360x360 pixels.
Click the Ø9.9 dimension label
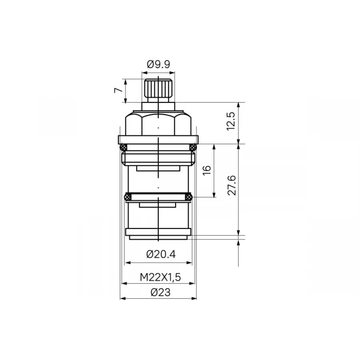point(158,64)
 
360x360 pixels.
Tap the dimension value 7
point(118,90)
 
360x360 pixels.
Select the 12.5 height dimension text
point(231,121)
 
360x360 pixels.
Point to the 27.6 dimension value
point(232,185)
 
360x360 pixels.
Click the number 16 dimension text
point(207,170)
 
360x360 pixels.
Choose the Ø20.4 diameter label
point(161,254)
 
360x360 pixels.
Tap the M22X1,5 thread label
point(160,277)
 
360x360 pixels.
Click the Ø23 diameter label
point(160,292)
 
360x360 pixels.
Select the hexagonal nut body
point(158,124)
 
